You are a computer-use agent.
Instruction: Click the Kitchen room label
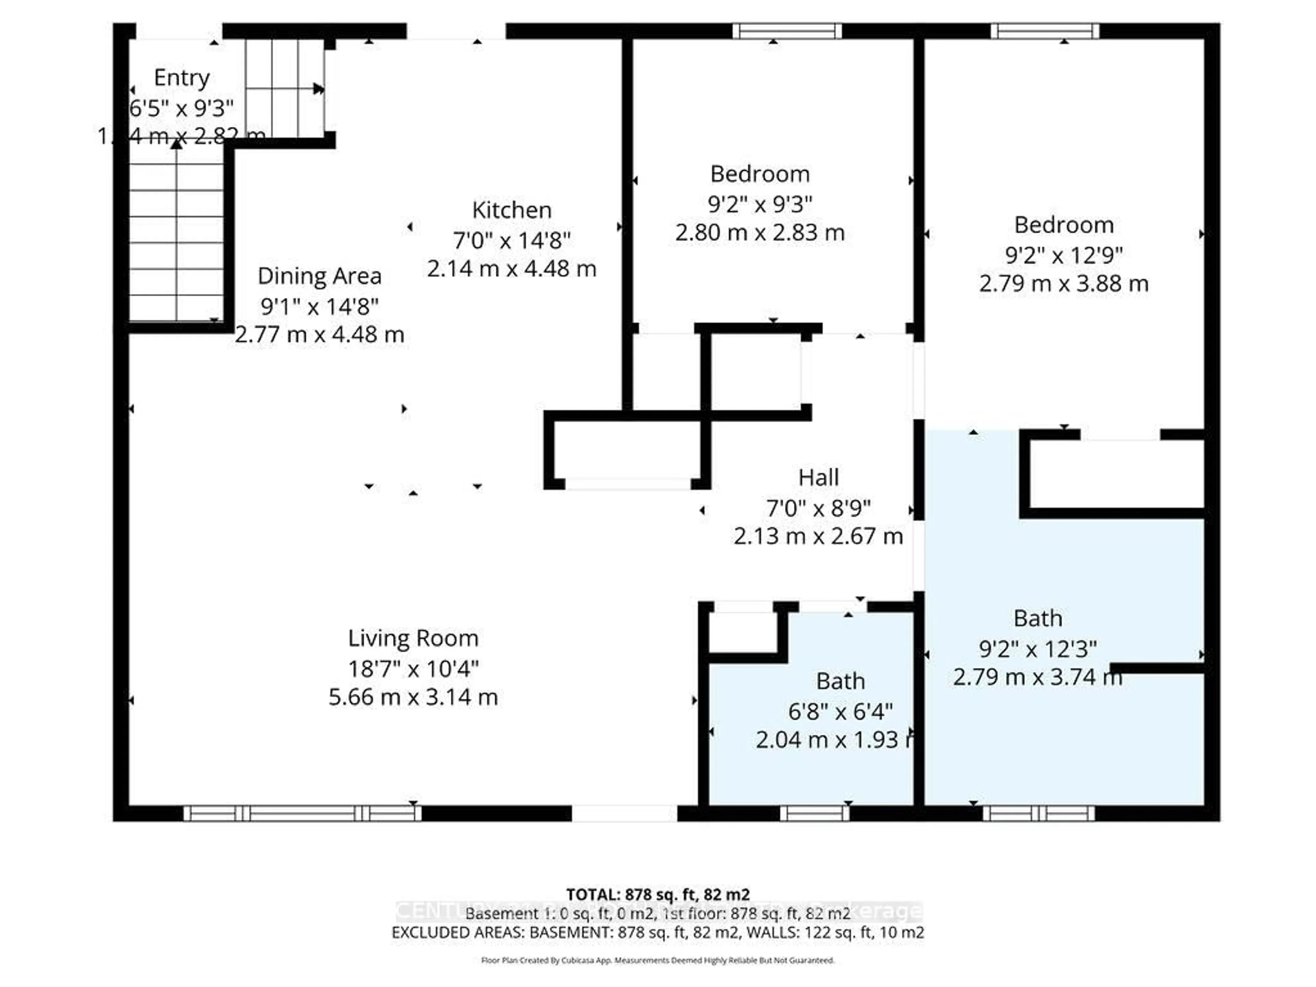click(x=512, y=210)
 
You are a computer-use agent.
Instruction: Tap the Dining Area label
click(x=319, y=276)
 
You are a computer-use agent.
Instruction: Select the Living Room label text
click(x=413, y=638)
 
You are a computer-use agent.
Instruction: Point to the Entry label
click(x=181, y=77)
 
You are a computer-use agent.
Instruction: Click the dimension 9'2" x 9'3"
click(x=760, y=204)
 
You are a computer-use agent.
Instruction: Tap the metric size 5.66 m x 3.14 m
click(x=413, y=697)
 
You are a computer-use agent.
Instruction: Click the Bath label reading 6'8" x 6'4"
click(x=840, y=681)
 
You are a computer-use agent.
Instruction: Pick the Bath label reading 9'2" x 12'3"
click(x=1038, y=618)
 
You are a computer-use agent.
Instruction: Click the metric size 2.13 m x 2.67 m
click(x=818, y=536)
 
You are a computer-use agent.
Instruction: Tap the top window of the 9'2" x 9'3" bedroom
click(x=787, y=31)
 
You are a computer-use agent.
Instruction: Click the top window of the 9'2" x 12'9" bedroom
click(x=1045, y=31)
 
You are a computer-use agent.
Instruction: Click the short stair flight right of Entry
click(x=284, y=88)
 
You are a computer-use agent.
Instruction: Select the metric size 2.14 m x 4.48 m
click(x=512, y=268)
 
